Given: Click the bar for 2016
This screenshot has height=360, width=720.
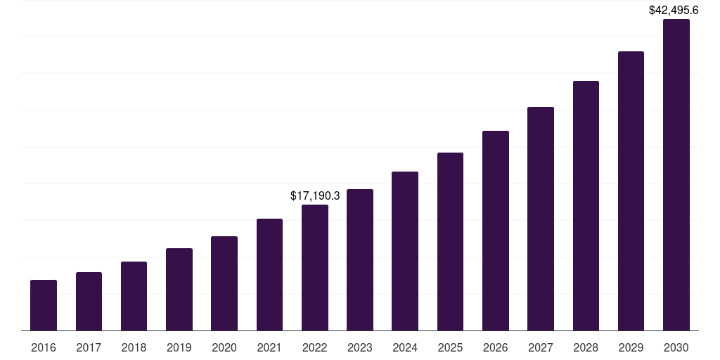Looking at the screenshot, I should click(x=44, y=305).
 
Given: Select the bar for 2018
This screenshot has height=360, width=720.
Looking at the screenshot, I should click(x=134, y=296).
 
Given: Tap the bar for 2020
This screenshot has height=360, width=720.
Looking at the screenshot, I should click(x=224, y=283).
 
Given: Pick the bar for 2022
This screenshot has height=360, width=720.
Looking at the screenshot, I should click(x=315, y=267).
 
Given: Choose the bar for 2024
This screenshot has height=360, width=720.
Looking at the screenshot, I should click(x=405, y=251).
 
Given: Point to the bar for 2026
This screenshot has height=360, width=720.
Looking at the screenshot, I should click(x=496, y=231).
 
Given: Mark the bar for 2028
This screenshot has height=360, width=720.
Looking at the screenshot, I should click(x=586, y=205).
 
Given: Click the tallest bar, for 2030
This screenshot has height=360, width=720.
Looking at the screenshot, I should click(x=676, y=174).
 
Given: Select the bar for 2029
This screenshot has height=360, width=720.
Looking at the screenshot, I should click(x=631, y=191).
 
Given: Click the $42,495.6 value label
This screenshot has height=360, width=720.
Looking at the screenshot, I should click(x=673, y=10).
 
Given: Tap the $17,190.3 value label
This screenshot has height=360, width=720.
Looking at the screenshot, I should click(x=315, y=195).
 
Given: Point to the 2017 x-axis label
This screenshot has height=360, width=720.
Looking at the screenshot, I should click(x=89, y=347).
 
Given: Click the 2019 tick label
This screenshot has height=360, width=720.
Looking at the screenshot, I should click(x=179, y=347).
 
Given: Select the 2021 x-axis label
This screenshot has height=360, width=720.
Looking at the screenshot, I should click(x=269, y=347).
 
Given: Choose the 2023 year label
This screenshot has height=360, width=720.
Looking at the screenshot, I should click(x=360, y=347).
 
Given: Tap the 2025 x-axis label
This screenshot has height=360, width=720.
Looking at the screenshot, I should click(x=450, y=347).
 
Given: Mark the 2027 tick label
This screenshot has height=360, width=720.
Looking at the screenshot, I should click(x=541, y=347).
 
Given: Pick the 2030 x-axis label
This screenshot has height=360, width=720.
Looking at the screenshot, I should click(x=676, y=347).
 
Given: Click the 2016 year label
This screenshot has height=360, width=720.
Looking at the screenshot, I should click(x=44, y=347).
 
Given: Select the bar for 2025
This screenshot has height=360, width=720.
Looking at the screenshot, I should click(x=450, y=241).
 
